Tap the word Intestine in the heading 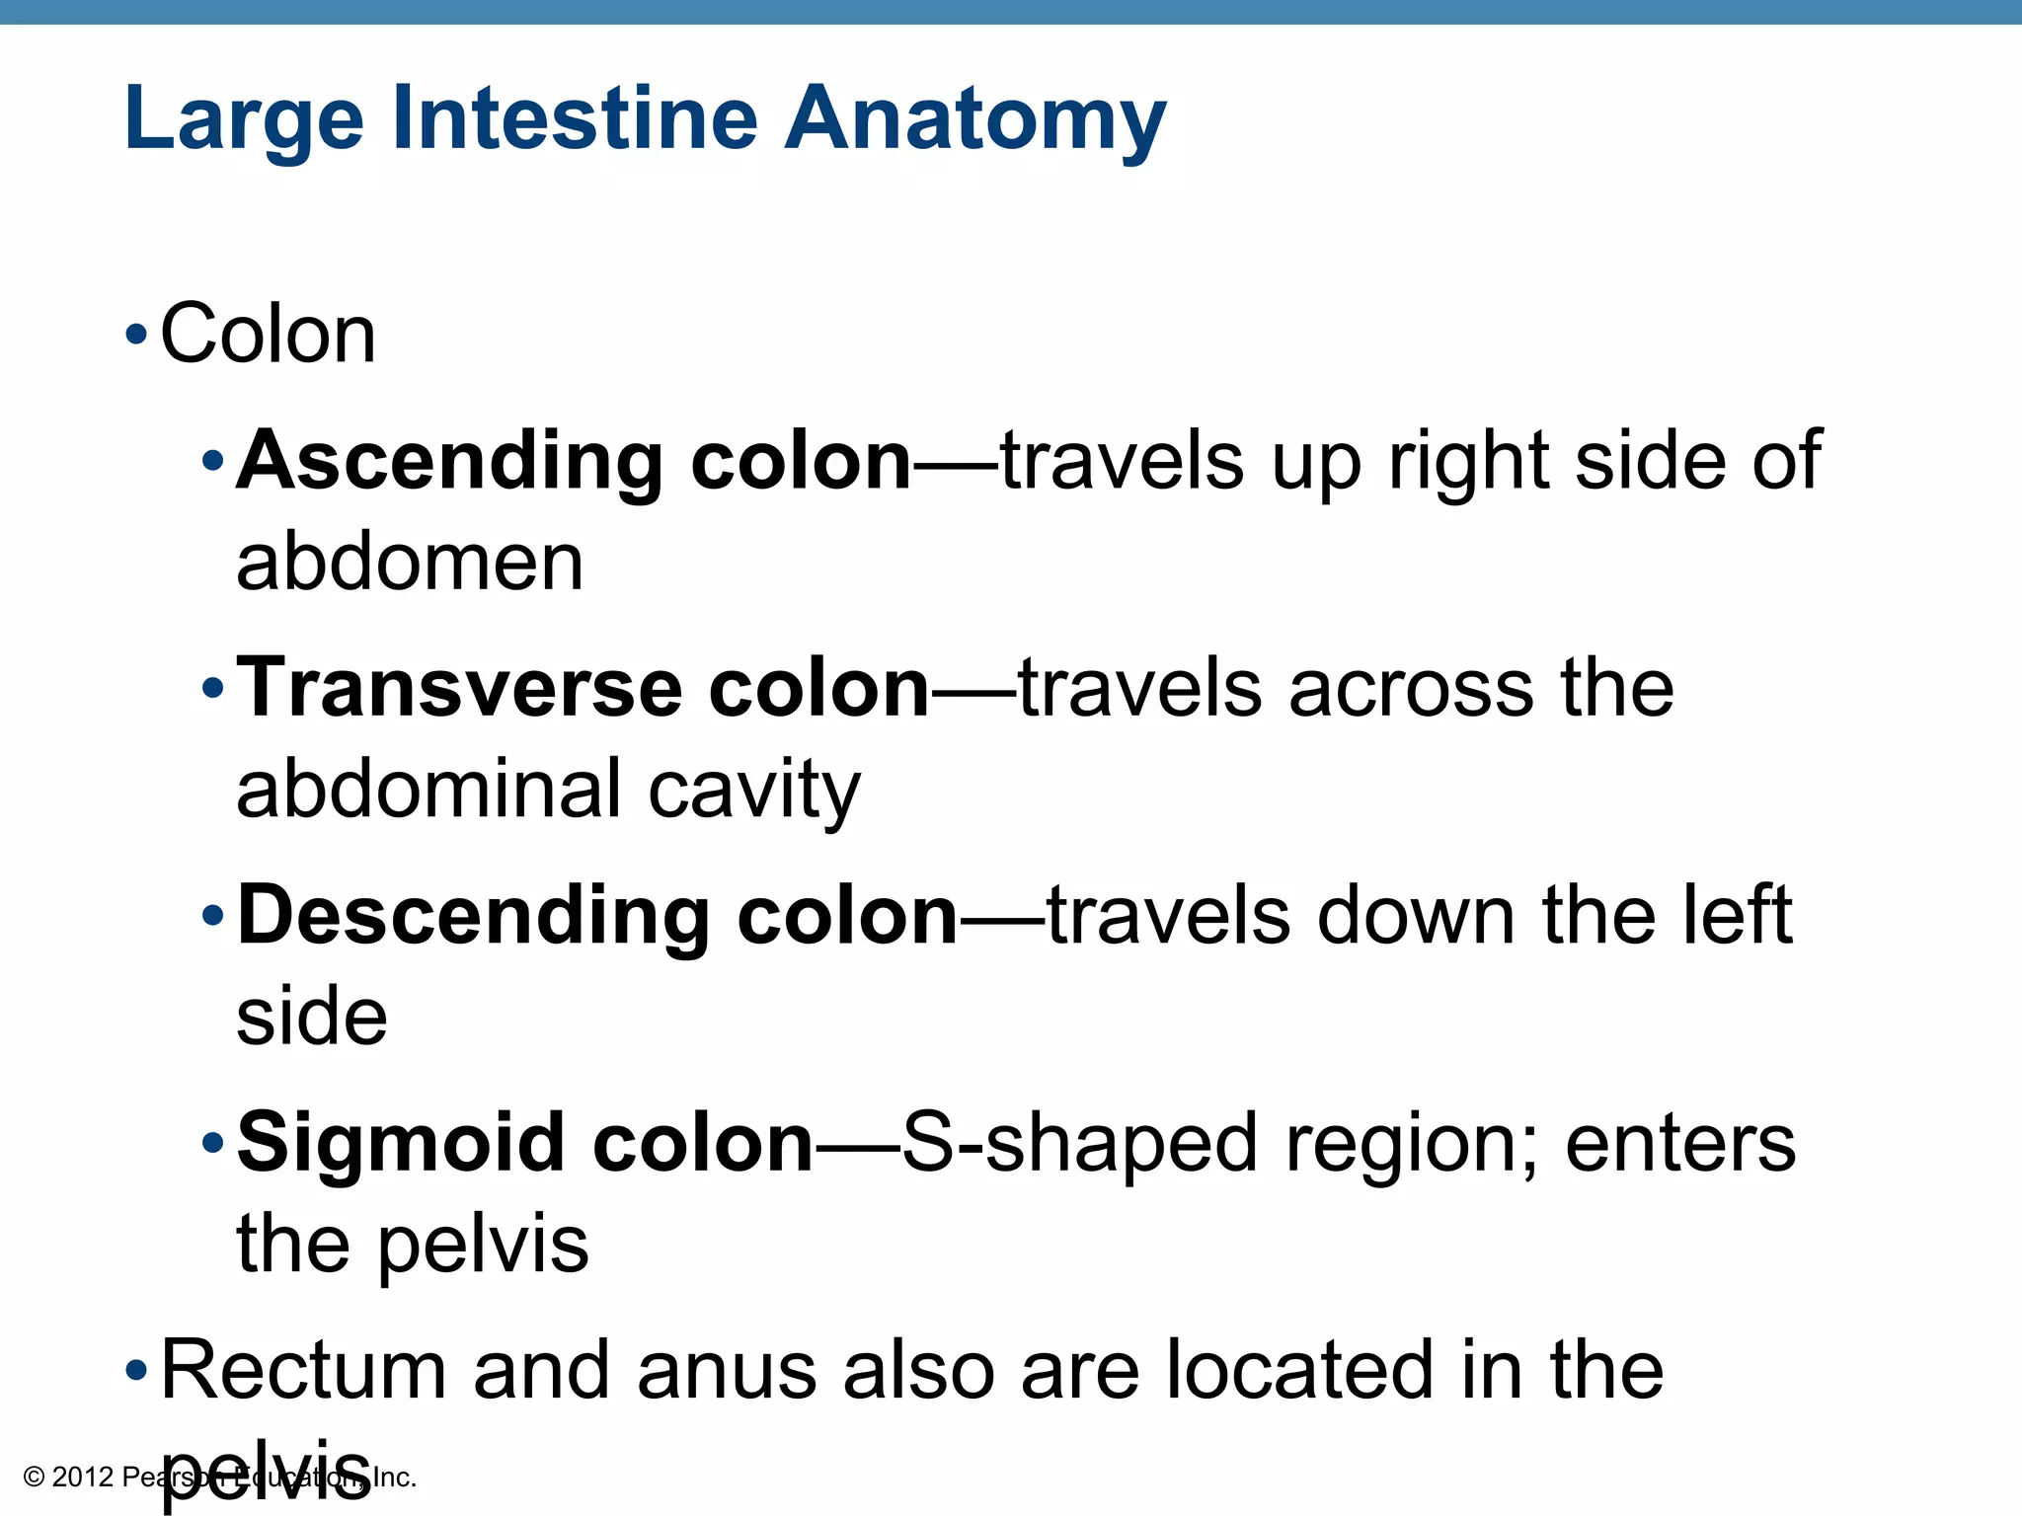[x=575, y=118]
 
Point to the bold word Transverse [x=459, y=688]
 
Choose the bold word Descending [x=473, y=916]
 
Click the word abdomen [x=410, y=563]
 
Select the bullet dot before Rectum [x=136, y=1371]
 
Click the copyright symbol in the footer [x=34, y=1478]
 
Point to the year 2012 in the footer [x=82, y=1478]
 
